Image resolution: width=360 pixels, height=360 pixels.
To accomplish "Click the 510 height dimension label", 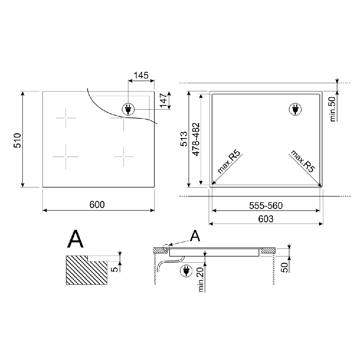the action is point(18,140).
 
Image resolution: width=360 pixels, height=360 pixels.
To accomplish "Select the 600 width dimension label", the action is point(97,204).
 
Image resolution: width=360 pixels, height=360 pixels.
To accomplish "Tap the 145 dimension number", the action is point(141,75).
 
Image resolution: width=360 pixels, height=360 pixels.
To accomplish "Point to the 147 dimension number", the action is point(164,100).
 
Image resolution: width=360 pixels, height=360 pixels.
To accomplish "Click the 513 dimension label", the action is point(184,139).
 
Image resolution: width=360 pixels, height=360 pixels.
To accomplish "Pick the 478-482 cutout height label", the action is point(196,139).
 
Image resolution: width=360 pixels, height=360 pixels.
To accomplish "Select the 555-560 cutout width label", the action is point(266,206).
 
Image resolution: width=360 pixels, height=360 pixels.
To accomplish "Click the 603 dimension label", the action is point(266,219).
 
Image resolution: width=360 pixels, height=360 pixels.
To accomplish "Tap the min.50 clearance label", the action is point(333,109).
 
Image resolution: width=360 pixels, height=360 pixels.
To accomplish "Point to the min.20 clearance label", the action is point(201,280).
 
